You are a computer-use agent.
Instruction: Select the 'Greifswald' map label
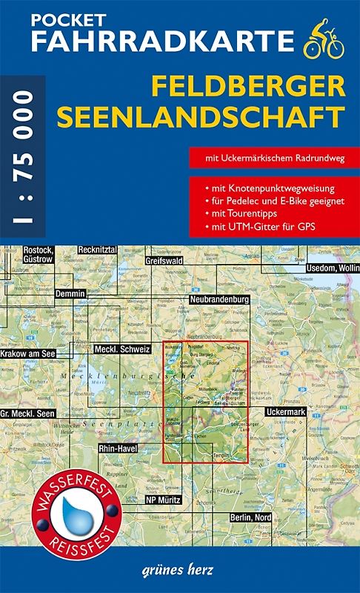click(169, 261)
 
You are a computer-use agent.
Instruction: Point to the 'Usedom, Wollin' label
click(329, 267)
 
